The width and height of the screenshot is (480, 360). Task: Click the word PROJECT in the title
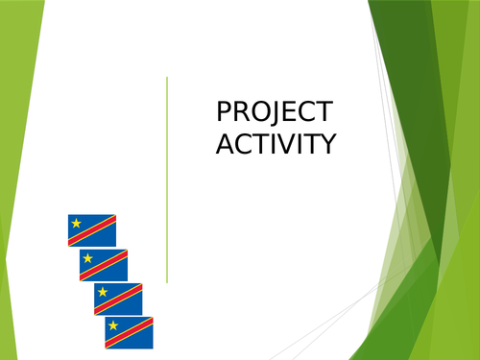275,112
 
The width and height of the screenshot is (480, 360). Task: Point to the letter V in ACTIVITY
286,144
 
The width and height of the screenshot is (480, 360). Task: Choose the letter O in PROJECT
260,112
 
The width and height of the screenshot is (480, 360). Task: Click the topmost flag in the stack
92,230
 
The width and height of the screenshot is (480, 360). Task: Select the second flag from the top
104,265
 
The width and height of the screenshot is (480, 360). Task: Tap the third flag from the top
118,299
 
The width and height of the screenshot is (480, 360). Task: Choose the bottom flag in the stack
129,332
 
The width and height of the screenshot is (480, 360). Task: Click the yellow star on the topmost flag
77,224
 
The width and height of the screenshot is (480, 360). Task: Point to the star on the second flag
88,258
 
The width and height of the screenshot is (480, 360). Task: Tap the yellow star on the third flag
103,292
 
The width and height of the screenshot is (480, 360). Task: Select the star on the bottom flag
113,325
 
